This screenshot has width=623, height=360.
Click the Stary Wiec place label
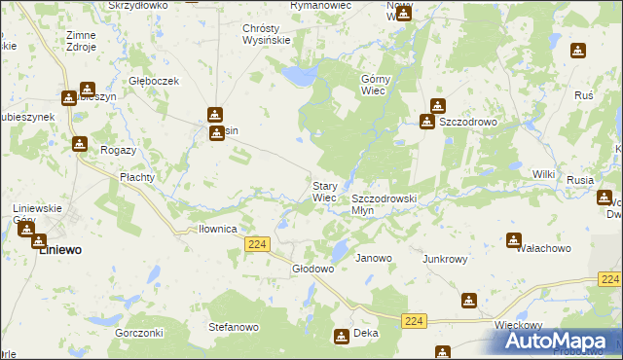click(324, 191)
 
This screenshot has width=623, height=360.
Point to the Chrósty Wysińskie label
click(267, 35)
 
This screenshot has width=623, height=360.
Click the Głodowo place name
click(313, 268)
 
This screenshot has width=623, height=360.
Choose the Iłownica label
click(218, 229)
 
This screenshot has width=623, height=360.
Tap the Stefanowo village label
click(234, 328)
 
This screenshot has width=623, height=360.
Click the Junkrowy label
click(446, 259)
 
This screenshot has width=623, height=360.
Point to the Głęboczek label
click(155, 81)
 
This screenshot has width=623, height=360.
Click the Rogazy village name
click(118, 151)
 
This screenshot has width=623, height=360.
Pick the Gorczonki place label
click(137, 333)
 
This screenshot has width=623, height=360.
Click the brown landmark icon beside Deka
click(342, 337)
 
